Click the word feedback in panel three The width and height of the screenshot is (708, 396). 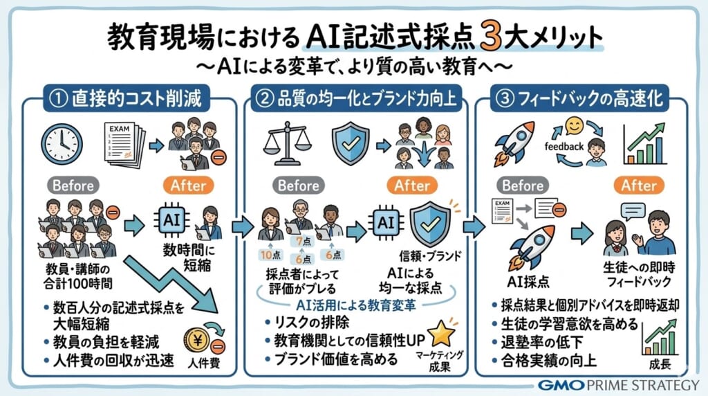pyautogui.click(x=563, y=146)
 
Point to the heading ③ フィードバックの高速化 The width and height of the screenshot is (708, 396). pyautogui.click(x=580, y=99)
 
